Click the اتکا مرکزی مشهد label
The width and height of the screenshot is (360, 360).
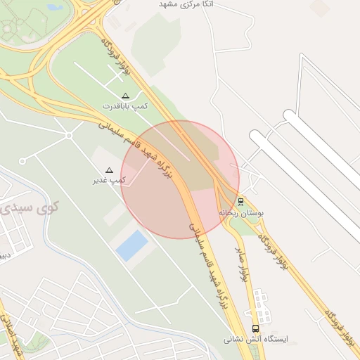187,4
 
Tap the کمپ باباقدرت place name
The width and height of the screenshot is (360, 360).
126,105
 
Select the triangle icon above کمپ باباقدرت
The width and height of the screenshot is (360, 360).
126,95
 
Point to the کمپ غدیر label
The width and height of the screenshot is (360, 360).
109,181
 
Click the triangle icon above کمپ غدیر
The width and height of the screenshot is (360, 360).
109,170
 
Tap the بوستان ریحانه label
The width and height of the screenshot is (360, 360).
240,212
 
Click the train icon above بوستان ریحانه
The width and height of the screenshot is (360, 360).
241,201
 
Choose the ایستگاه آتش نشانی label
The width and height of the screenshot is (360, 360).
257,339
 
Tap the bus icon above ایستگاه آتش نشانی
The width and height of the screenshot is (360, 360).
255,328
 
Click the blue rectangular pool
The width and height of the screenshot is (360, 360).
131,246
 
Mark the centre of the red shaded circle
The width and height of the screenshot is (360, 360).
180,179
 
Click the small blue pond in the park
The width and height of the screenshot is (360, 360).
54,8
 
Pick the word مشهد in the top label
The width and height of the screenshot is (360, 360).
168,4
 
